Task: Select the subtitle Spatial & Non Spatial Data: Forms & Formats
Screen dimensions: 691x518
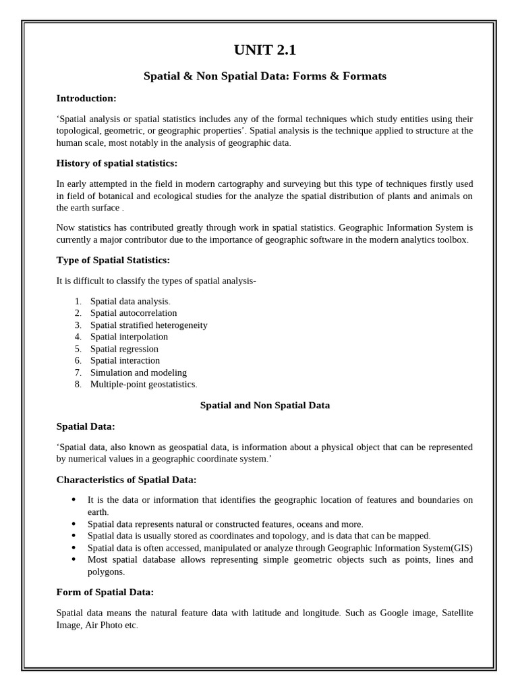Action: pyautogui.click(x=265, y=76)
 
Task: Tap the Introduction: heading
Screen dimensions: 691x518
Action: pyautogui.click(x=86, y=98)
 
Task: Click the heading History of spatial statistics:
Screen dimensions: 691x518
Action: pyautogui.click(x=117, y=163)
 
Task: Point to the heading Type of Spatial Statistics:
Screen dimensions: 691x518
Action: pyautogui.click(x=113, y=260)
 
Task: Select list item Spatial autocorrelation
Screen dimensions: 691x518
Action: pyautogui.click(x=134, y=313)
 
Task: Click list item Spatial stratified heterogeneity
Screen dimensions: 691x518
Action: pyautogui.click(x=148, y=325)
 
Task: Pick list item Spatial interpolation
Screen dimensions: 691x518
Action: pyautogui.click(x=129, y=337)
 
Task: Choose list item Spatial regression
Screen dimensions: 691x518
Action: pyautogui.click(x=124, y=349)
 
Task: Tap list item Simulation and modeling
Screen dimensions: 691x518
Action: pyautogui.click(x=138, y=372)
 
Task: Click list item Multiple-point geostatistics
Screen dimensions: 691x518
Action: pyautogui.click(x=144, y=384)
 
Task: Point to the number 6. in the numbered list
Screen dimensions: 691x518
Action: pyautogui.click(x=78, y=360)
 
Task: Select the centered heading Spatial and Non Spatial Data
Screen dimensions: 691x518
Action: pyautogui.click(x=265, y=406)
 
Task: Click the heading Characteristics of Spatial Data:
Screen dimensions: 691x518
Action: pyautogui.click(x=126, y=480)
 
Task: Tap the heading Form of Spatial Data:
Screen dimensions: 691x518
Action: pyautogui.click(x=105, y=592)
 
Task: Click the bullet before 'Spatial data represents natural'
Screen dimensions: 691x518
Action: pyautogui.click(x=74, y=524)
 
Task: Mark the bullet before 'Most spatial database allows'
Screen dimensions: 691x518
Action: pyautogui.click(x=74, y=559)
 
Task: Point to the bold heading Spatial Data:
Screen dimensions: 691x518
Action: pyautogui.click(x=86, y=426)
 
